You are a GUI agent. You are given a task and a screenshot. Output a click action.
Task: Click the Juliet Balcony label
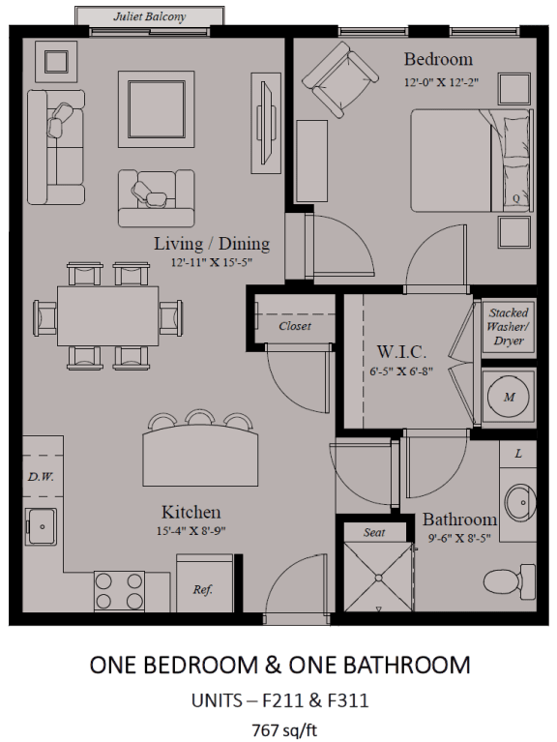pyautogui.click(x=150, y=17)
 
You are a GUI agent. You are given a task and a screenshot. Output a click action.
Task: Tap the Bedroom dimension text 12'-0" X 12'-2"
pyautogui.click(x=441, y=82)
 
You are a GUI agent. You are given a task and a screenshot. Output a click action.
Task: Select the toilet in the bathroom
pyautogui.click(x=510, y=579)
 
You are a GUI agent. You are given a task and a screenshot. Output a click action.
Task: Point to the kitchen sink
pyautogui.click(x=42, y=526)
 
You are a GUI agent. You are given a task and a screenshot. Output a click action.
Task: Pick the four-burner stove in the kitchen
pyautogui.click(x=119, y=591)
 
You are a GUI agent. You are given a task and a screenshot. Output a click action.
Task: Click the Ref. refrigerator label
pyautogui.click(x=203, y=589)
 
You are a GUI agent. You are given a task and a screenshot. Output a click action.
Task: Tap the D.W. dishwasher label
pyautogui.click(x=41, y=477)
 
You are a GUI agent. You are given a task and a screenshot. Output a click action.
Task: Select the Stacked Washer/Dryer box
pyautogui.click(x=509, y=327)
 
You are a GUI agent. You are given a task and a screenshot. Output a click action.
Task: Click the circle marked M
pyautogui.click(x=509, y=397)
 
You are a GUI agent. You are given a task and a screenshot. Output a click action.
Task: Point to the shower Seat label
pyautogui.click(x=374, y=532)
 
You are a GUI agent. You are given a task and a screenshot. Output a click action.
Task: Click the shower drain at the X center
pyautogui.click(x=379, y=578)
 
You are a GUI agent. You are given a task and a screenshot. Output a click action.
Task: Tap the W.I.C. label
pyautogui.click(x=401, y=351)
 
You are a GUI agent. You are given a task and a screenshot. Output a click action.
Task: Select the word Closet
pyautogui.click(x=295, y=326)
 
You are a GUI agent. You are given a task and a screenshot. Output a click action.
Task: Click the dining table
pyautogui.click(x=107, y=315)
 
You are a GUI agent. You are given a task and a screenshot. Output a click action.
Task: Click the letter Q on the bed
pyautogui.click(x=515, y=198)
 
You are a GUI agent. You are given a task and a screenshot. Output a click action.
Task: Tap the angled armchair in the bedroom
pyautogui.click(x=340, y=79)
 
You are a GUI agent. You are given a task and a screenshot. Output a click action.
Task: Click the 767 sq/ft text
pyautogui.click(x=284, y=729)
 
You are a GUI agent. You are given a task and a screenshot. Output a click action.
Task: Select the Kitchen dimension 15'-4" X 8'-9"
pyautogui.click(x=191, y=531)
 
